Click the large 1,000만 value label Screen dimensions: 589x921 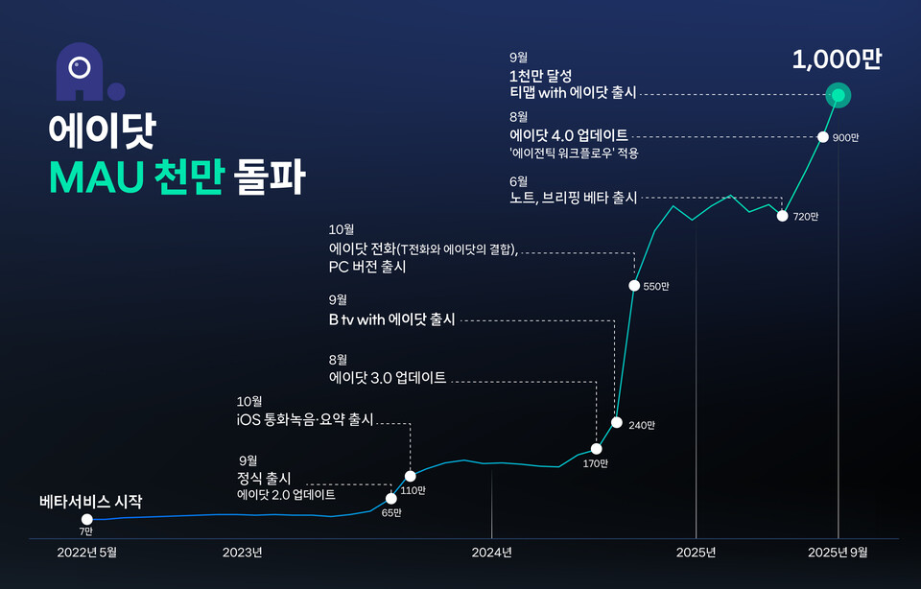point(837,59)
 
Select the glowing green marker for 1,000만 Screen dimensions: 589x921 point(839,95)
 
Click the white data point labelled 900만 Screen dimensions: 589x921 point(822,137)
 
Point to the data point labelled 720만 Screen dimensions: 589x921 point(783,215)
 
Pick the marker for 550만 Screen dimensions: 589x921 point(634,285)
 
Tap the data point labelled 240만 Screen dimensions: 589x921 point(617,423)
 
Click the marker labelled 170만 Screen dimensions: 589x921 point(597,448)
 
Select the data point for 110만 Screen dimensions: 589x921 point(411,476)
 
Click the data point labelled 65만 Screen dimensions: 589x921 point(390,499)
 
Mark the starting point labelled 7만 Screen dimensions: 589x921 point(87,519)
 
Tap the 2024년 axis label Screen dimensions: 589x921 point(491,552)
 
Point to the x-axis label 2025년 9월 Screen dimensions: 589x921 point(838,552)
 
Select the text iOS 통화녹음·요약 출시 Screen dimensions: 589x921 point(304,420)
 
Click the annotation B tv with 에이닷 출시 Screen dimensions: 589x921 point(391,319)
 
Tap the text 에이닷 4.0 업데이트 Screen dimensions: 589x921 point(568,135)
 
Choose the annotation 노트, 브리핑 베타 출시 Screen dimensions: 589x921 point(573,198)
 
